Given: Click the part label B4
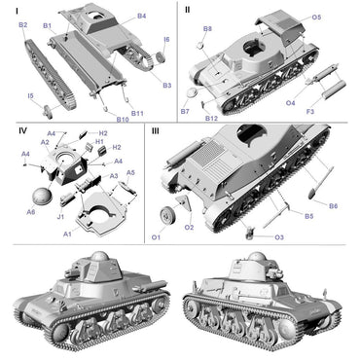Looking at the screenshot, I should [142, 17].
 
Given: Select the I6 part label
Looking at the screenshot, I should [166, 40].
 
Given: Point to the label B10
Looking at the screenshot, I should [124, 120].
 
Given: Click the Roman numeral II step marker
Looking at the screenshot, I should [187, 9].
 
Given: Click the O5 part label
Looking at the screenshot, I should [317, 18].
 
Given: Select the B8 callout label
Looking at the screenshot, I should [207, 29].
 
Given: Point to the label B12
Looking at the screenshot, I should [211, 118].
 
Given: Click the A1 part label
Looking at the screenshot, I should [67, 234].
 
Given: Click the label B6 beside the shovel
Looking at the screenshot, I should [333, 205].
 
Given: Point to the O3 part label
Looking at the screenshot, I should [279, 236].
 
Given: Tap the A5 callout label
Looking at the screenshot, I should [130, 172].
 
